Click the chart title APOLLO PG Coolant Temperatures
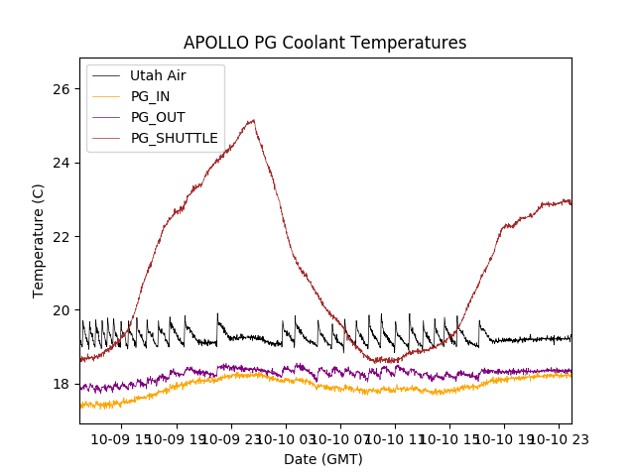click(324, 43)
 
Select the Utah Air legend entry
click(157, 75)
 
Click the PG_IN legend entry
click(150, 96)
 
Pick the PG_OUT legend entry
click(157, 117)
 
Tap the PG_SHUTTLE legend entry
click(174, 138)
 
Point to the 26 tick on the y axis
click(63, 89)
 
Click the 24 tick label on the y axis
click(63, 163)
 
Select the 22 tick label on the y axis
click(63, 236)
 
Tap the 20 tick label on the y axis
click(63, 310)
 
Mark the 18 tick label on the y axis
click(63, 384)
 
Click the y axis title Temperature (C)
click(39, 240)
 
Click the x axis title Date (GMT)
click(323, 459)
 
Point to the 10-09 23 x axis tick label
click(231, 438)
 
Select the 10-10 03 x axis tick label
click(286, 438)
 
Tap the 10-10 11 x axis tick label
click(395, 438)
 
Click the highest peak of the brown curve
click(254, 121)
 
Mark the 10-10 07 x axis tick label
click(340, 438)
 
